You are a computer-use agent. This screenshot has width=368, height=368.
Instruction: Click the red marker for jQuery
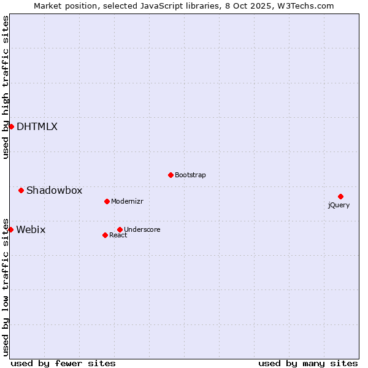tap(340, 196)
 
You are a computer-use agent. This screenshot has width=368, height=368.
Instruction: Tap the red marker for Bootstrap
tap(171, 175)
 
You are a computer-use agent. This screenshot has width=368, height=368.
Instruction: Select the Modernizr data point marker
tap(107, 201)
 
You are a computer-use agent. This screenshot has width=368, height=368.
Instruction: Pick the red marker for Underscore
tap(120, 229)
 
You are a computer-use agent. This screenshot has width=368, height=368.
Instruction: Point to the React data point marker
tap(105, 235)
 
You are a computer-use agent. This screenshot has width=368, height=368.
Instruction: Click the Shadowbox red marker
tap(21, 190)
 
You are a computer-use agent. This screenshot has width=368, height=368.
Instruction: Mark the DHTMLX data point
tap(11, 126)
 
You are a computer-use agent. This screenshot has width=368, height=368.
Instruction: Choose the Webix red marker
tap(10, 229)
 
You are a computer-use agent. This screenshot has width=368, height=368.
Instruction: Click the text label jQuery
tap(339, 205)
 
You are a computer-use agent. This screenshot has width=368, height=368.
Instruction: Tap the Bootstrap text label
tap(190, 175)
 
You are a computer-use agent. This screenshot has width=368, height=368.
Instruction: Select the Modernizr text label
tap(127, 201)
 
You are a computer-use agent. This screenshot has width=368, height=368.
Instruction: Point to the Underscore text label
tap(142, 229)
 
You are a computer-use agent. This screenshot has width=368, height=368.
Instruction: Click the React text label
tap(118, 235)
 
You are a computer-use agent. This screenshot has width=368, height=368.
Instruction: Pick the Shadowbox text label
tap(54, 190)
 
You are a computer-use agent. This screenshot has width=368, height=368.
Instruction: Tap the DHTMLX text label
tap(37, 126)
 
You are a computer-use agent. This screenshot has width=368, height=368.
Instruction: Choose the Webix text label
tap(31, 229)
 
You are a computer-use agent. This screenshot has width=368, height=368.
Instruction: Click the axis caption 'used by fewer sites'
tap(63, 363)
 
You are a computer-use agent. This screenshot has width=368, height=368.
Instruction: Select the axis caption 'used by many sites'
tap(308, 363)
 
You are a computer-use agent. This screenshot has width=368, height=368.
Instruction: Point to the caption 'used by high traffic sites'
tap(6, 87)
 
